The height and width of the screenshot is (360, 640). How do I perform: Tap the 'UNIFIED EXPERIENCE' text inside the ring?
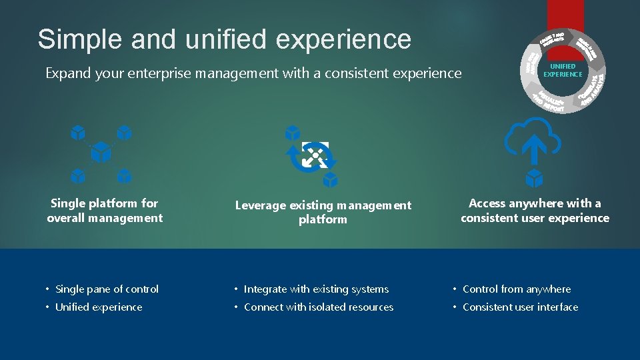pyautogui.click(x=563, y=71)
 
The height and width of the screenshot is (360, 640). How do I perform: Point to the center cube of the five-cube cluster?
pyautogui.click(x=101, y=152)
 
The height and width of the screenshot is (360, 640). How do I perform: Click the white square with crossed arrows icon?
pyautogui.click(x=315, y=154)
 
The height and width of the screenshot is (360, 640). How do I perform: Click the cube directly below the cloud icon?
pyautogui.click(x=533, y=178)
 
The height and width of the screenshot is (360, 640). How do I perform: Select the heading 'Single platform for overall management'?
pyautogui.click(x=105, y=211)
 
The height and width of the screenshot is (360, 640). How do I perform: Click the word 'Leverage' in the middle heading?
pyautogui.click(x=260, y=205)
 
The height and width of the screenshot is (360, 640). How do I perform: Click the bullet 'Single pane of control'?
pyautogui.click(x=107, y=289)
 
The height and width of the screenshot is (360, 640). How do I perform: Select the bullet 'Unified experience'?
pyautogui.click(x=99, y=307)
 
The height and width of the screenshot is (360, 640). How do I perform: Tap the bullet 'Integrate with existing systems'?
pyautogui.click(x=316, y=289)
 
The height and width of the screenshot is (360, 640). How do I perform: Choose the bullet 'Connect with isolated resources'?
pyautogui.click(x=319, y=307)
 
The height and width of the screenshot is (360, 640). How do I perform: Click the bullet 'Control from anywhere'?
pyautogui.click(x=517, y=289)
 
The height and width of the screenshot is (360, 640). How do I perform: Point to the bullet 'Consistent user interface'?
pyautogui.click(x=520, y=307)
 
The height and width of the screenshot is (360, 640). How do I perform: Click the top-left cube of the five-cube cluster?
pyautogui.click(x=78, y=132)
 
